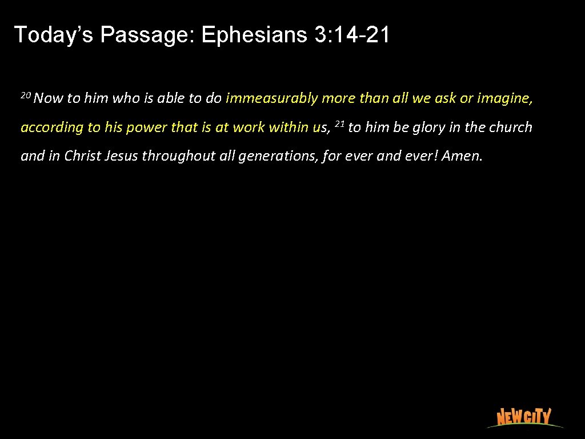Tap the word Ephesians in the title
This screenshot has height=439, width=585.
click(255, 35)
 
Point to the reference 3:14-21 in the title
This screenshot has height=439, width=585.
click(352, 35)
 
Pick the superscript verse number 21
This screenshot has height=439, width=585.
click(339, 123)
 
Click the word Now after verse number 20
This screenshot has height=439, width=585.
click(49, 98)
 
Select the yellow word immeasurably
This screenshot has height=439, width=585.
click(271, 98)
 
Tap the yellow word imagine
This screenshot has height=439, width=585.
click(505, 98)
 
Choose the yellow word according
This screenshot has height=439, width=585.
click(52, 127)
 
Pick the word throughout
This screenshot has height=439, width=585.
click(179, 156)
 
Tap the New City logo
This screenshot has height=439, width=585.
click(523, 417)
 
